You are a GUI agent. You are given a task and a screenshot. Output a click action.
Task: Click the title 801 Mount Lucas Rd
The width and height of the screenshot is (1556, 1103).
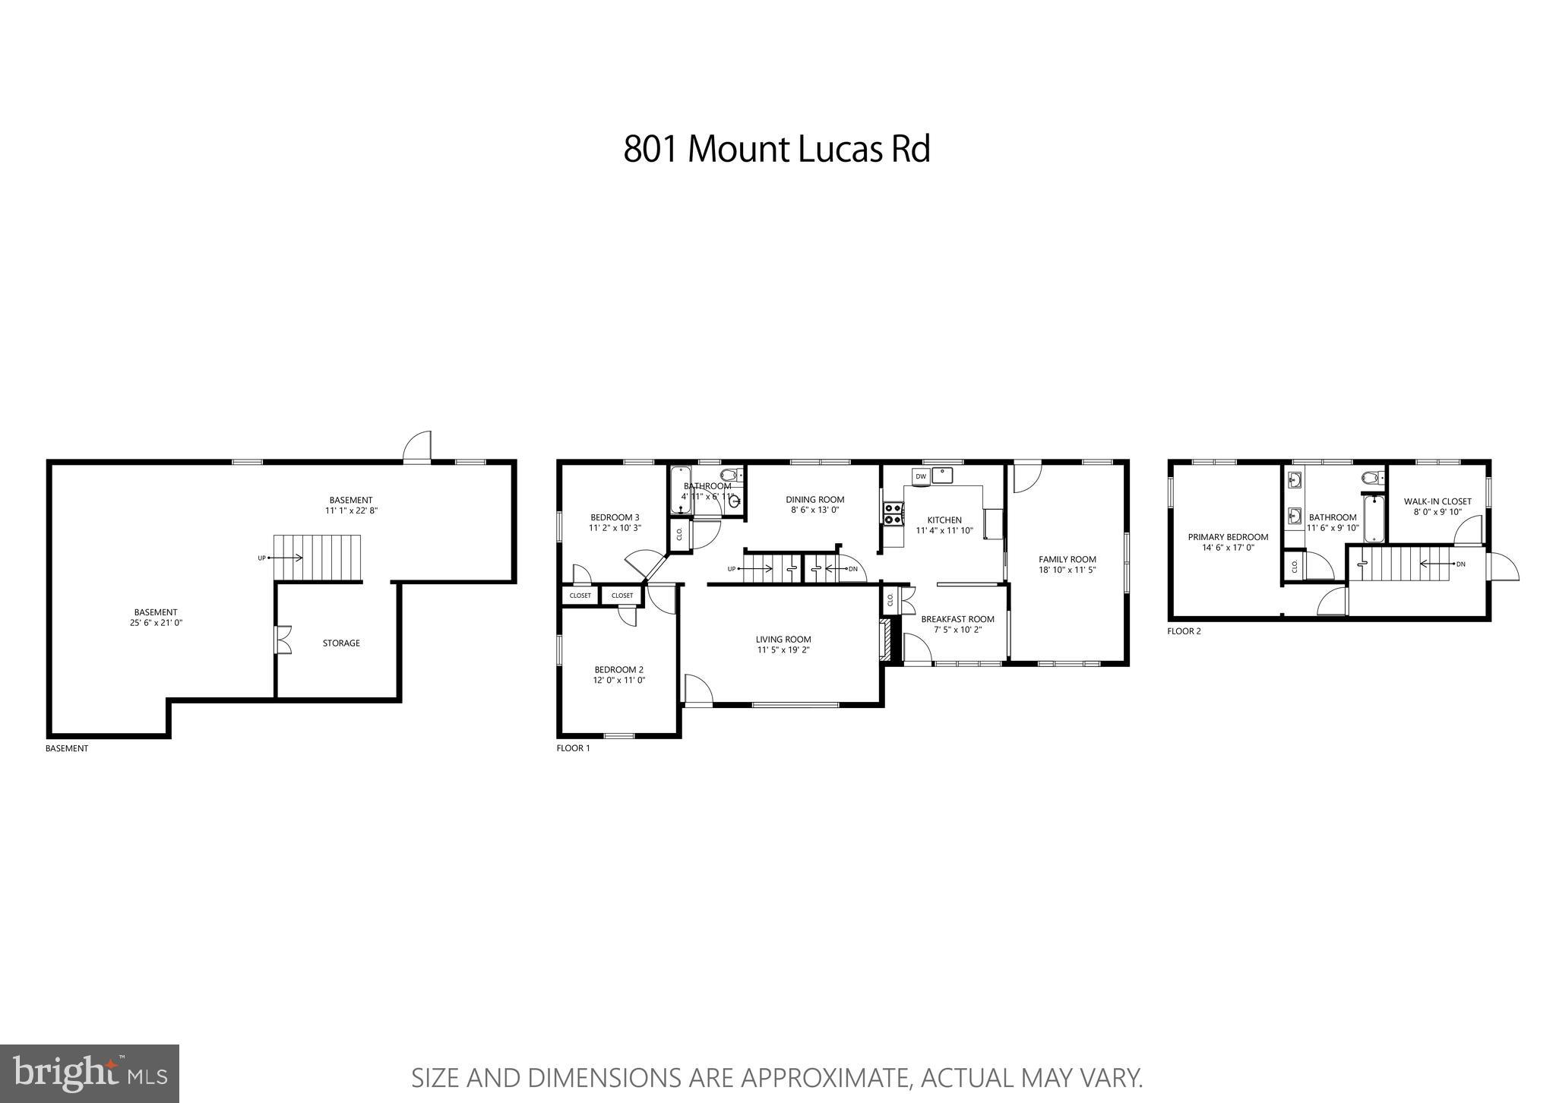[x=776, y=149]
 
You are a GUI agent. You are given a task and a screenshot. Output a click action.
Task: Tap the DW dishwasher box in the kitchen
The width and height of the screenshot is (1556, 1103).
[x=921, y=476]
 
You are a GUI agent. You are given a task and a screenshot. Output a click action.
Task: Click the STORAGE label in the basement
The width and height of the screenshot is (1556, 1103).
[x=341, y=643]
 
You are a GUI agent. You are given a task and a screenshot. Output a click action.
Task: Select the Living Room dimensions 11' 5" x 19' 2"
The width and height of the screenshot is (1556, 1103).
[x=783, y=649]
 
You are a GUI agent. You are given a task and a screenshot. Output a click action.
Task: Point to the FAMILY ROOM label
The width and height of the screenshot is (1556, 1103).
[x=1067, y=559]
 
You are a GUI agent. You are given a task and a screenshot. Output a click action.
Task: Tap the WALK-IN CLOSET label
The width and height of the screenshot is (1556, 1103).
[x=1437, y=501]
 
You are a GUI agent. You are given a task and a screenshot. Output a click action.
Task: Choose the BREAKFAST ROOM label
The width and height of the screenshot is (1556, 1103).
[x=957, y=618]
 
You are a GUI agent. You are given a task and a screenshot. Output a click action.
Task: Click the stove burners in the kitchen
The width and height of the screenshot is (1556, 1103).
[x=893, y=514]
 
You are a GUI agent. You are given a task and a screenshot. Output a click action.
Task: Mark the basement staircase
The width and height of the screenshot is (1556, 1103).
[x=318, y=558]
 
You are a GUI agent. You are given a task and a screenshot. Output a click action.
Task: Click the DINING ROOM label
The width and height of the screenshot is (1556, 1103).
[x=815, y=499]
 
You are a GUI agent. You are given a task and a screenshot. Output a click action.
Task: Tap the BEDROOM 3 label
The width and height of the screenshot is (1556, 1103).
[x=615, y=517]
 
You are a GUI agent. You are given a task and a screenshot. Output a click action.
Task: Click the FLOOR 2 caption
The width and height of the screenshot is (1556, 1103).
[x=1184, y=631]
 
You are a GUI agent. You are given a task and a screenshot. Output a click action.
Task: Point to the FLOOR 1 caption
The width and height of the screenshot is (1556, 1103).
[x=573, y=747]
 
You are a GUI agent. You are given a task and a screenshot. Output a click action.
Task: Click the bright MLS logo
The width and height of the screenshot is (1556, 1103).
[x=90, y=1073]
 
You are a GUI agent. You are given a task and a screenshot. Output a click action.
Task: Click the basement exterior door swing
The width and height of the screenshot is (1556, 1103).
[x=416, y=447]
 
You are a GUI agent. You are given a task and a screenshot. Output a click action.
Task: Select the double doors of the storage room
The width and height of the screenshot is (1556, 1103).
[x=283, y=639]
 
